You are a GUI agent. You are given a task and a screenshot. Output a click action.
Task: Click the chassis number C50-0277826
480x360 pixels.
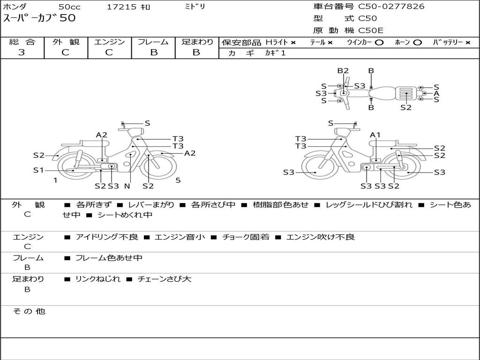pos(391,7)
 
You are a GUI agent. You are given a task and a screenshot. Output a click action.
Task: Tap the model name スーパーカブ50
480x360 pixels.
pos(39,18)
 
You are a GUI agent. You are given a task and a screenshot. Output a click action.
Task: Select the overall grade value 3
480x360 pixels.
pos(22,52)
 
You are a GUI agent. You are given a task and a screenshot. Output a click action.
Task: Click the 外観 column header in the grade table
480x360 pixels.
pos(66,42)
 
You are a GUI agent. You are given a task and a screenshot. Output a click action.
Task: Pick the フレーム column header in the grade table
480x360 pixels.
pos(153,42)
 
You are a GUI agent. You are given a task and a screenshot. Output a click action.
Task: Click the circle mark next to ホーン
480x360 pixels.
pos(417,43)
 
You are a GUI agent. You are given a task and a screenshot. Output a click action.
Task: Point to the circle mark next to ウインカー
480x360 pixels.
pos(379,43)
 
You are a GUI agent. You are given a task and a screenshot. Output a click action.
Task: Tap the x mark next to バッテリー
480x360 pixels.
pos(468,43)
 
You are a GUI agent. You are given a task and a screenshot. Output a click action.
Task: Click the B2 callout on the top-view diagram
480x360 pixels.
pos(343,71)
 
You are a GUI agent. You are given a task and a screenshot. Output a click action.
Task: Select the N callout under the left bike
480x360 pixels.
pos(127,186)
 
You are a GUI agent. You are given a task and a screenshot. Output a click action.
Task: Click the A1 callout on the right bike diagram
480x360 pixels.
pos(375,135)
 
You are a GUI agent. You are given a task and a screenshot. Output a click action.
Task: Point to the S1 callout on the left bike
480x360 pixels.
pos(38,170)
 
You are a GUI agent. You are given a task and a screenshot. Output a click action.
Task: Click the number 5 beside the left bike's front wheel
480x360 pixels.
pos(178,180)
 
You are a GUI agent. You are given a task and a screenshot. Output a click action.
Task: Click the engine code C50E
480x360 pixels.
pos(371,30)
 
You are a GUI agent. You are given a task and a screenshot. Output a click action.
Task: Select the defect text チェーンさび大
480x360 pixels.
pos(165,279)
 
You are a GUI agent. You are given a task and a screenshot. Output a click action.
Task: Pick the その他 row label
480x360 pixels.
pos(29,311)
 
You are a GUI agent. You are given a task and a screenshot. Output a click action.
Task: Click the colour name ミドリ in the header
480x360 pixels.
pos(195,7)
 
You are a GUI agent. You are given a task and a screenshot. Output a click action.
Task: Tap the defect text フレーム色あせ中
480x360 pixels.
pos(109,258)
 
